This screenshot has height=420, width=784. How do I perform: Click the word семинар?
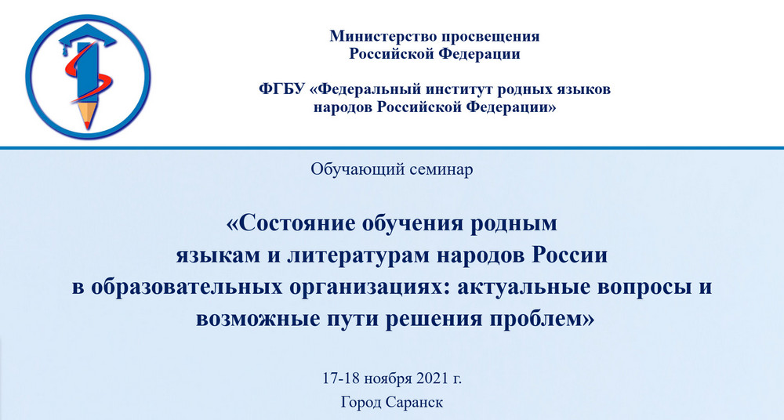point(441,170)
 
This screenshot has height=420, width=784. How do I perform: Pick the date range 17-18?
point(341,378)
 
